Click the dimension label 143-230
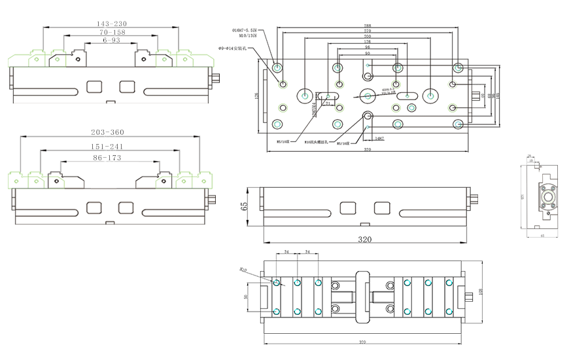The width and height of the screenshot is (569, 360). (x=110, y=24)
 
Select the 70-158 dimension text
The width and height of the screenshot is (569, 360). (x=112, y=32)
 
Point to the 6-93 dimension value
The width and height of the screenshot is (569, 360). (x=111, y=40)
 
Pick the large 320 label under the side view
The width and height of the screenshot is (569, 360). (x=365, y=240)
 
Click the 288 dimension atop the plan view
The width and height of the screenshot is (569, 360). (x=368, y=26)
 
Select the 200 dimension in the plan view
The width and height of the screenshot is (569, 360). (x=368, y=37)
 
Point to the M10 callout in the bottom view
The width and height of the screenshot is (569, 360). (x=243, y=269)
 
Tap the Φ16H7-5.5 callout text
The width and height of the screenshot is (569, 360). (x=244, y=30)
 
